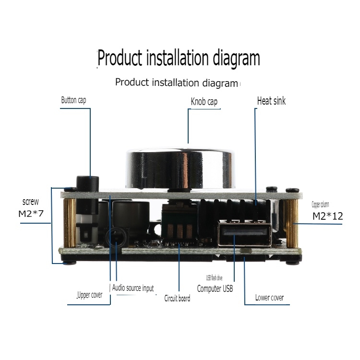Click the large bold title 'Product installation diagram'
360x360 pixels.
pos(179,59)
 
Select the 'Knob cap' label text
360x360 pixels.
pos(204,102)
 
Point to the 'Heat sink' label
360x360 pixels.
pos(271,101)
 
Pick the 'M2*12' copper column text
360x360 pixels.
pos(328,216)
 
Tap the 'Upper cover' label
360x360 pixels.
pos(90,295)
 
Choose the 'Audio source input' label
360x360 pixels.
pos(133,288)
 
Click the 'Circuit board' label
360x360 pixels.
pos(177,298)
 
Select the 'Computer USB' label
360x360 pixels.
pos(216,288)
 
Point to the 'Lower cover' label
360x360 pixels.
pos(269,298)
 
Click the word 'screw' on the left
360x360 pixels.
pos(31,202)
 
